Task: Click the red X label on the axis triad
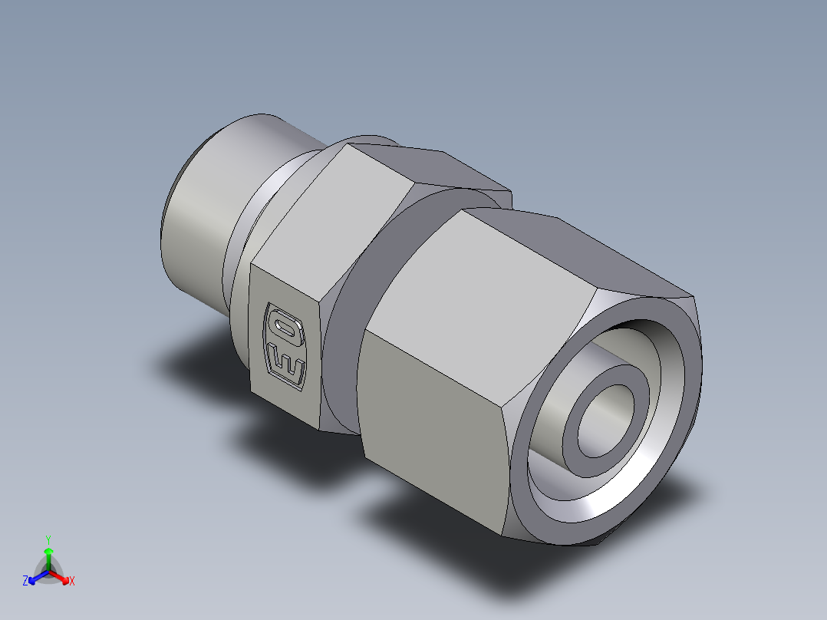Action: [x=72, y=582]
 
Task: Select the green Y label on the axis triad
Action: [x=48, y=539]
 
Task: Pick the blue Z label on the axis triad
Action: [x=25, y=582]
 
